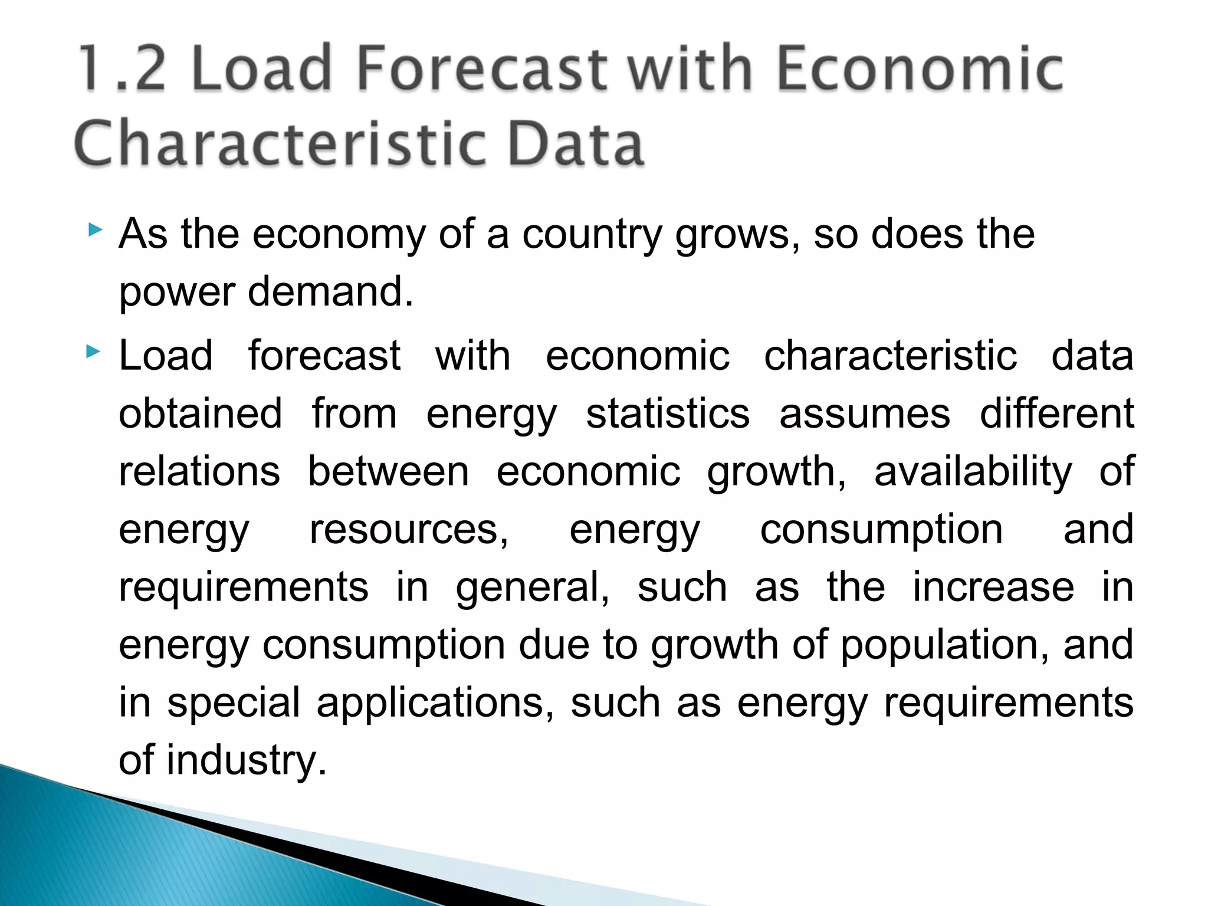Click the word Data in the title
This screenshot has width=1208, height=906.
[x=575, y=144]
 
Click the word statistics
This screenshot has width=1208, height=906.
[x=668, y=413]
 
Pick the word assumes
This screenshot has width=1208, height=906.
[x=865, y=413]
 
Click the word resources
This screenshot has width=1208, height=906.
[x=409, y=529]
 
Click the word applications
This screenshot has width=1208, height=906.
[x=435, y=702]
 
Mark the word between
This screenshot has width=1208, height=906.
[x=388, y=471]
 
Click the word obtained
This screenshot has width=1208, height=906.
[x=201, y=413]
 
